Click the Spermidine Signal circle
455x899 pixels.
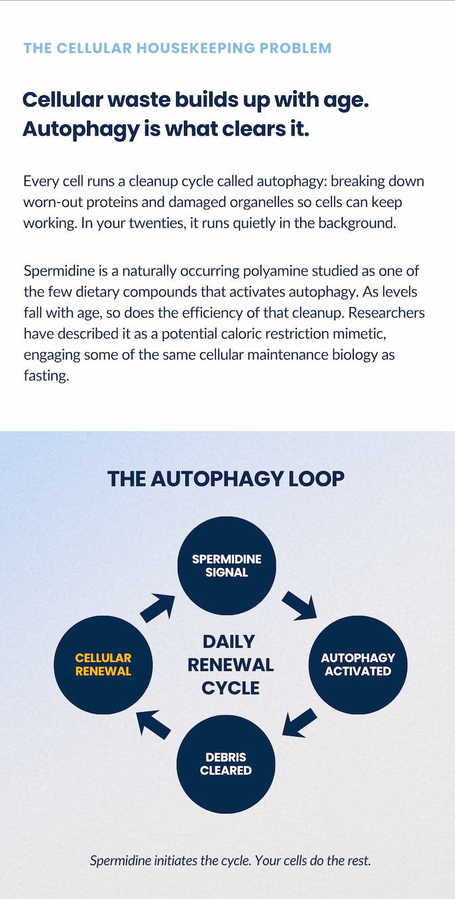pyautogui.click(x=227, y=565)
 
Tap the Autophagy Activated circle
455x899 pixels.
pyautogui.click(x=358, y=665)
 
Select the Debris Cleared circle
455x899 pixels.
pyautogui.click(x=226, y=764)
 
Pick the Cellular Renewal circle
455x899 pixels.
pyautogui.click(x=103, y=665)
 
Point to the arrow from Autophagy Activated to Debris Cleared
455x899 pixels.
pyautogui.click(x=300, y=722)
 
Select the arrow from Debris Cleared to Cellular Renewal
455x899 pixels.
pyautogui.click(x=153, y=724)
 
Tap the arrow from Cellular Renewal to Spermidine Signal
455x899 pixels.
pyautogui.click(x=157, y=608)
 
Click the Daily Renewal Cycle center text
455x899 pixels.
pyautogui.click(x=230, y=665)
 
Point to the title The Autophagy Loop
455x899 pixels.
pyautogui.click(x=226, y=479)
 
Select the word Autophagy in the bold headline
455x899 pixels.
pyautogui.click(x=80, y=130)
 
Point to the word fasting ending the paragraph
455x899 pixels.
pyautogui.click(x=46, y=376)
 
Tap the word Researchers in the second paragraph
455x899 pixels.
pyautogui.click(x=387, y=313)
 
